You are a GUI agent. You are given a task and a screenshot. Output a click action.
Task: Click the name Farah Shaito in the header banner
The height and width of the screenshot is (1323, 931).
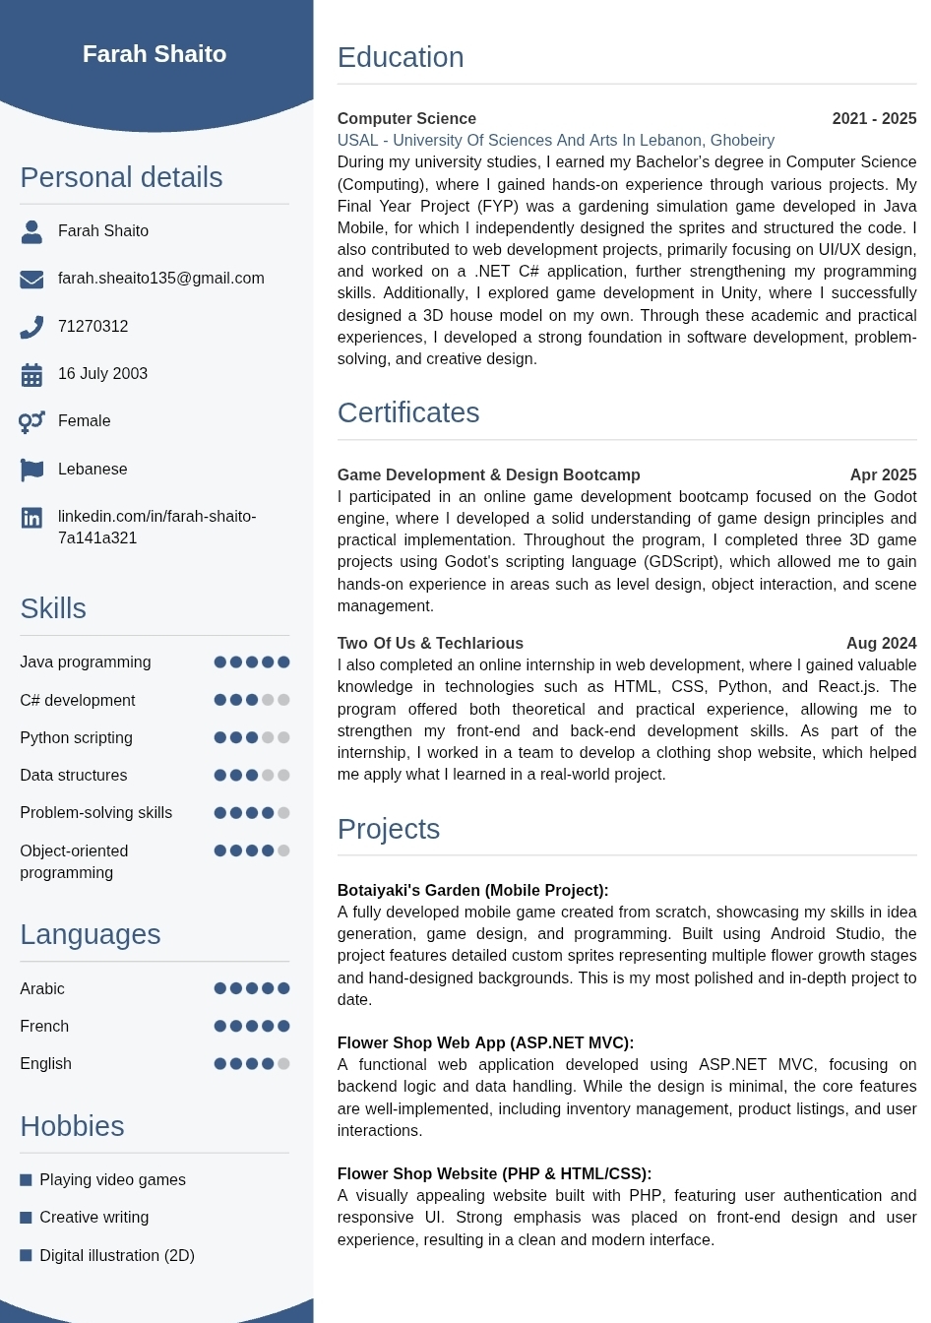coord(155,54)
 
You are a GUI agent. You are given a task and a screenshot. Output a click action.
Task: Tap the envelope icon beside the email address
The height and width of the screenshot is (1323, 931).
coord(31,280)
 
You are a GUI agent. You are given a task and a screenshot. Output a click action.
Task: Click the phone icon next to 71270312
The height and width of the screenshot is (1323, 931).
coord(31,327)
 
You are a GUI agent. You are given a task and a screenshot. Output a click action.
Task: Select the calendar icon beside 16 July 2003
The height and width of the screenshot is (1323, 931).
coord(31,374)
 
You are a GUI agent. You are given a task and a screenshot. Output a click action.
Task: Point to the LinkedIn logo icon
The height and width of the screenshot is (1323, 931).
coord(31,518)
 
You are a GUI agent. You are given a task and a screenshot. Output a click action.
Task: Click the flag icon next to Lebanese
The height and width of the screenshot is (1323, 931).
coord(31,470)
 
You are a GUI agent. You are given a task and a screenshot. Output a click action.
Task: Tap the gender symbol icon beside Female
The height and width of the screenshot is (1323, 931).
coord(31,421)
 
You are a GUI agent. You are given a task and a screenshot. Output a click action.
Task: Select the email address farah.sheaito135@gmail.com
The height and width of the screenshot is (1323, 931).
coord(160,279)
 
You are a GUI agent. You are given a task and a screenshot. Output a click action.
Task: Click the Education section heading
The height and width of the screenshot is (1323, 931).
coord(401,57)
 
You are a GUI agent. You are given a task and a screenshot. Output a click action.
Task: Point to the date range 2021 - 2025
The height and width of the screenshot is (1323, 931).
coord(874,119)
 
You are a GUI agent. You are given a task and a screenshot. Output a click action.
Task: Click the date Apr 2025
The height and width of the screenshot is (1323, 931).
coord(883,475)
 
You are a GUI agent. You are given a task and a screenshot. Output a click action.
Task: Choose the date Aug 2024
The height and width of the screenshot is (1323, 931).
coord(881,644)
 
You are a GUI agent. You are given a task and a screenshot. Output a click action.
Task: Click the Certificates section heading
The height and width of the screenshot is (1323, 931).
coord(408,412)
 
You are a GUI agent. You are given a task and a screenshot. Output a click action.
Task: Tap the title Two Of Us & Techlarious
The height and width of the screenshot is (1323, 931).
coord(430,644)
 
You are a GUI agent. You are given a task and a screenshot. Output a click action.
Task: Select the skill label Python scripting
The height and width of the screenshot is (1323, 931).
coord(76,738)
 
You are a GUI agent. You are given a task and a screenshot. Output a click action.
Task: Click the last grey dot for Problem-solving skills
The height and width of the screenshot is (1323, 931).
coord(283,813)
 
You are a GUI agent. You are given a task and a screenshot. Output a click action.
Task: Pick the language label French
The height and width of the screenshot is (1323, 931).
coord(44,1027)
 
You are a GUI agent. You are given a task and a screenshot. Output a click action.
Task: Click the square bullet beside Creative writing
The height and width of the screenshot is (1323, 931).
coord(27,1218)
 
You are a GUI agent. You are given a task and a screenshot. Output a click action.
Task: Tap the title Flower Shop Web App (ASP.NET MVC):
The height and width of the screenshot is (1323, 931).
coord(485,1043)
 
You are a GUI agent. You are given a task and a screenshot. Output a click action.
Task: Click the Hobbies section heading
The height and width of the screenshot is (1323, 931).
coord(72,1126)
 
